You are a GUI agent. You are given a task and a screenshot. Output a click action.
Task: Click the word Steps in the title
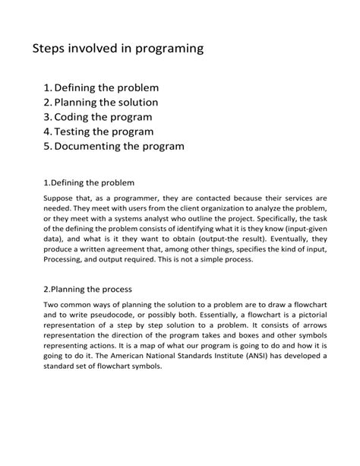click(50, 49)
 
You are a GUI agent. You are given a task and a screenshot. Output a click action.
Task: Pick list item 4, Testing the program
click(98, 132)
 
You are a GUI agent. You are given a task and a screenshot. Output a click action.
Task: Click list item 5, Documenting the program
click(113, 146)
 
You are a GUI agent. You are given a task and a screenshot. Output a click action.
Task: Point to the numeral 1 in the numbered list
click(47, 88)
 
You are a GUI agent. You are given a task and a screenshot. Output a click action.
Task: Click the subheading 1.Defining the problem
click(89, 182)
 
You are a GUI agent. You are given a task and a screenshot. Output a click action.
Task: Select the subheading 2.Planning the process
click(87, 289)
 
